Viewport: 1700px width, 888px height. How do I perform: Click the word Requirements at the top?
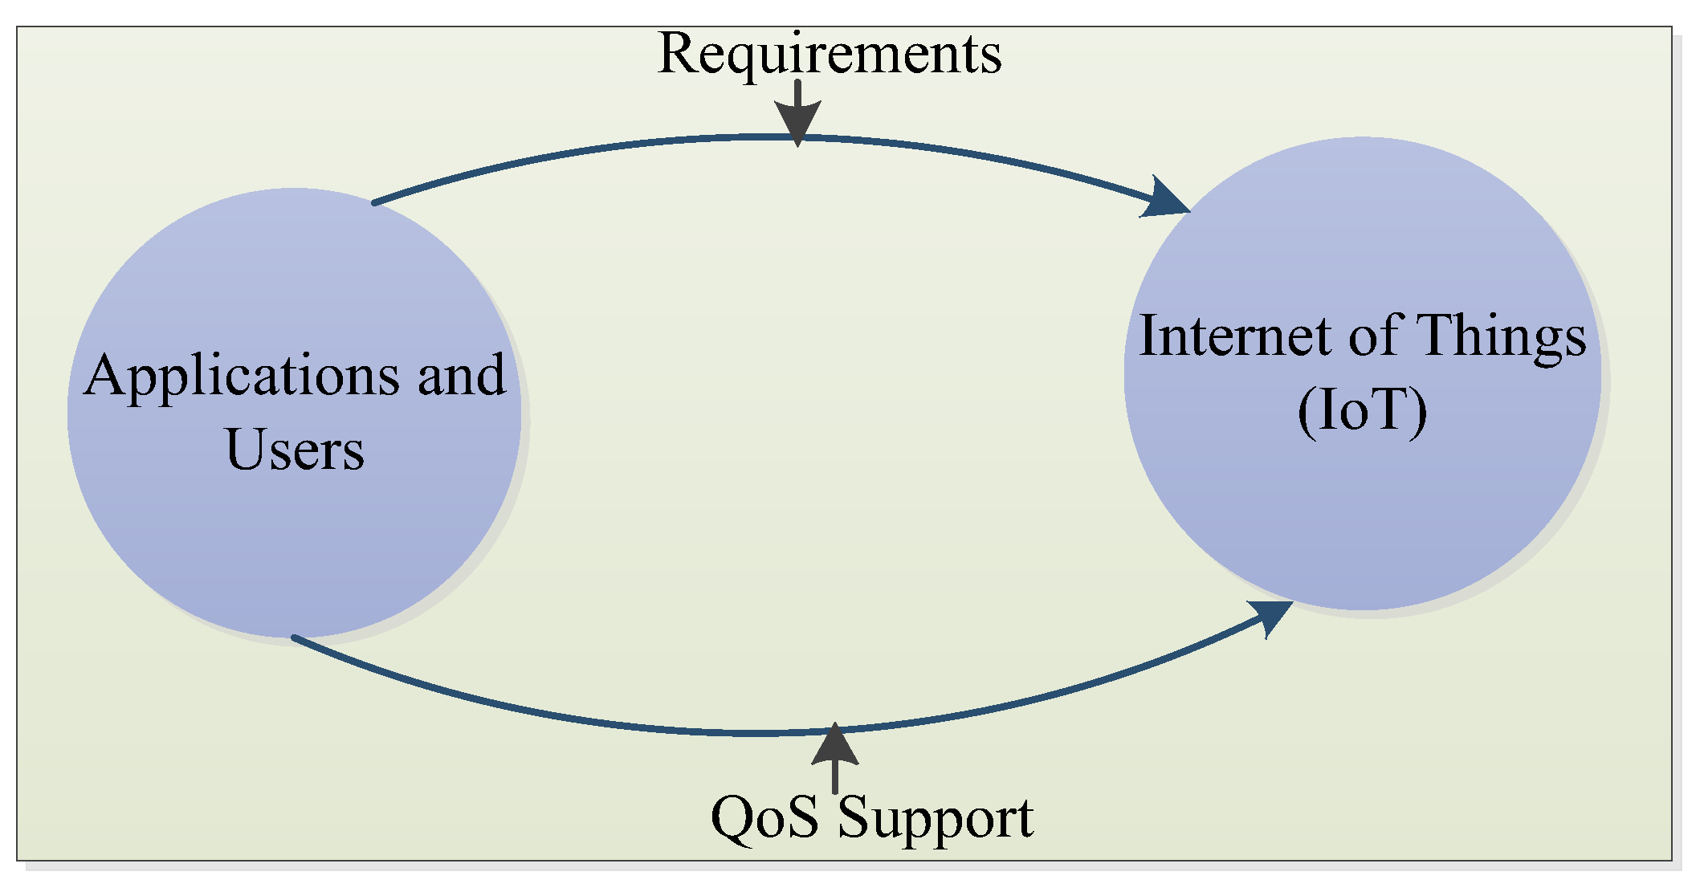click(829, 55)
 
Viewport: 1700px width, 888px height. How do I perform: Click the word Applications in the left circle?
click(242, 376)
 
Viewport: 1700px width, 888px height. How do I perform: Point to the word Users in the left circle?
click(295, 450)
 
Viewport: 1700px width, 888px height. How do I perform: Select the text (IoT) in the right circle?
click(1363, 411)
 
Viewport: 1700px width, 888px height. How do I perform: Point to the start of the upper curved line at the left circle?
click(375, 203)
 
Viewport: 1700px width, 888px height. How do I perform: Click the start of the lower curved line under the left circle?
click(294, 637)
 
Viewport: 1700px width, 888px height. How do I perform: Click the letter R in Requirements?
click(675, 55)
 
